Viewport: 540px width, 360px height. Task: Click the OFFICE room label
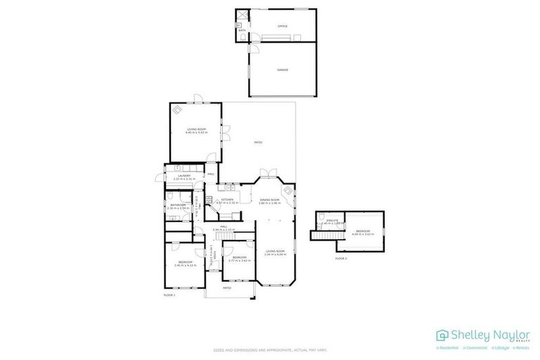(282, 27)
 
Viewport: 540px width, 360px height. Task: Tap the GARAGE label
(282, 70)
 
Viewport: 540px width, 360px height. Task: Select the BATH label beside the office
(242, 31)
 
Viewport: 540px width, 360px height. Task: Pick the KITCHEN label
(227, 200)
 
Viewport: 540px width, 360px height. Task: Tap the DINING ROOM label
(270, 200)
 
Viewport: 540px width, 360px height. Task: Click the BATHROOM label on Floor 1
(177, 205)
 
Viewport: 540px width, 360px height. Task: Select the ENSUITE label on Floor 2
(332, 221)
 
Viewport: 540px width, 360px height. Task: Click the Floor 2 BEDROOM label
(363, 231)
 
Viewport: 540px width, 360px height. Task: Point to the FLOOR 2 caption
(341, 259)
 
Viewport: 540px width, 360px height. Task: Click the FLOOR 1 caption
(169, 295)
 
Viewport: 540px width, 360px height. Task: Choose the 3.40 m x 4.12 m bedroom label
(185, 266)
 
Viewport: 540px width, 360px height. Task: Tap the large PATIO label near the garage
(258, 143)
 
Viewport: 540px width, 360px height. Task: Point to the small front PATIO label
(227, 288)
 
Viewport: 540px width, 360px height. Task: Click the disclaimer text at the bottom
(269, 349)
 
